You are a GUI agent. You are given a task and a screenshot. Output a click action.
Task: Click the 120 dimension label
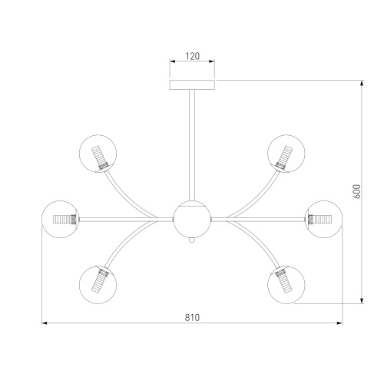click(193, 56)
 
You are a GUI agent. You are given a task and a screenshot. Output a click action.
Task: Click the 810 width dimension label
click(192, 318)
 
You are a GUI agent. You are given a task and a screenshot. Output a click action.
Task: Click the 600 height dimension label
click(356, 191)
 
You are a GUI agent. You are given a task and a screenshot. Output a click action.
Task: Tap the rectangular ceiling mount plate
click(192, 84)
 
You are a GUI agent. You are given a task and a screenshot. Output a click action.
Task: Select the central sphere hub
click(192, 219)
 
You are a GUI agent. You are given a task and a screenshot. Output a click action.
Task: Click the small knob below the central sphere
click(192, 240)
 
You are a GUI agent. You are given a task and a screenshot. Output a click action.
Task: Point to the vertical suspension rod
click(192, 145)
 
